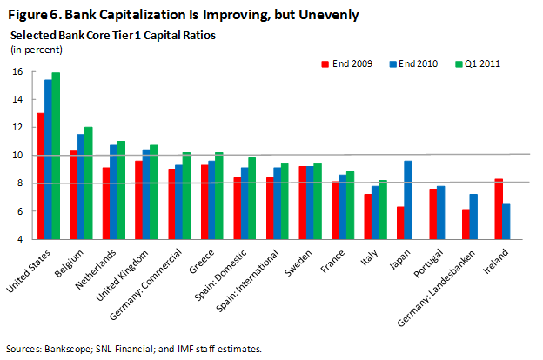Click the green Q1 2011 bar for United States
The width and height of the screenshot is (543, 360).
point(56,156)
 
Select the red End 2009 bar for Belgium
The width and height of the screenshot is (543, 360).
point(74,195)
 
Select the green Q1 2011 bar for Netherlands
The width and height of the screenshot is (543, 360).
point(122,190)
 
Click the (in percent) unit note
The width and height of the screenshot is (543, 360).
point(32,49)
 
